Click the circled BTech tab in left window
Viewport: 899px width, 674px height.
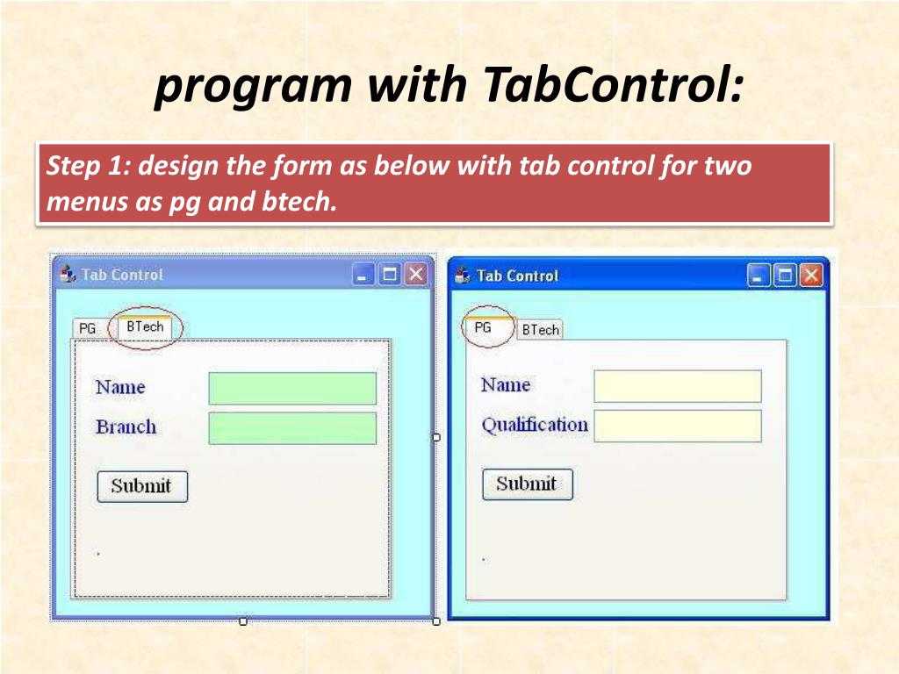click(145, 326)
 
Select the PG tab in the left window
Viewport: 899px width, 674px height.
click(87, 328)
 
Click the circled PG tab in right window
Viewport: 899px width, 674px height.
click(483, 327)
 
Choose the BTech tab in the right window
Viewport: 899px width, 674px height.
click(540, 330)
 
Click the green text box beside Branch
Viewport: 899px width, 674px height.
click(292, 428)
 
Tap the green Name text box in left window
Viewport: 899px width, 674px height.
click(292, 388)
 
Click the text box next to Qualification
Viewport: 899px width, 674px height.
click(677, 426)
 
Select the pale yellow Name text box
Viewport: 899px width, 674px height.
click(677, 386)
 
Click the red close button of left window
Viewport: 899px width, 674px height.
click(415, 275)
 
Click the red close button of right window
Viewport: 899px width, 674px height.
click(811, 276)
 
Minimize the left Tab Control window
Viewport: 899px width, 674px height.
click(363, 275)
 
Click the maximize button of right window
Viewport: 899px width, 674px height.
click(786, 276)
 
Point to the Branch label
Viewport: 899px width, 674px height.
click(126, 427)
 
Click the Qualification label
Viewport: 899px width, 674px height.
click(534, 425)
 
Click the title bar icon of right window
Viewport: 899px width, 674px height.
click(463, 276)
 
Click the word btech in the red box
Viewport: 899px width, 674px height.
click(298, 203)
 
